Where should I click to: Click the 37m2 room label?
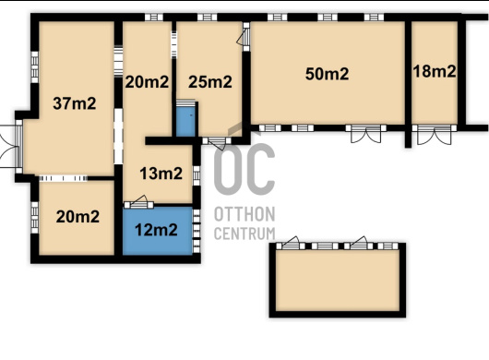coord(75,103)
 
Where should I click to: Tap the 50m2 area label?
coord(327,74)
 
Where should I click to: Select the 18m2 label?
coord(435,71)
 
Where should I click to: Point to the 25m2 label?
coord(210,82)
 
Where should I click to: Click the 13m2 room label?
coord(161,174)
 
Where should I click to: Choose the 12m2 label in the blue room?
coord(156,230)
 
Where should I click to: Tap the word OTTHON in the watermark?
coord(244,214)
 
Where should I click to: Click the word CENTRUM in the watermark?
coord(244,234)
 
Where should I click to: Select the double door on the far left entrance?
coord(9,147)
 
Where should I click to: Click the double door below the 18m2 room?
coord(435,134)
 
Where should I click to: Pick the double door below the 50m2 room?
coord(365,133)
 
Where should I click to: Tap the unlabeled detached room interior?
coord(338,280)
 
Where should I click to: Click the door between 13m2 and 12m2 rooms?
coord(138,202)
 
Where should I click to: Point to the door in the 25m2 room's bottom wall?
coord(217,142)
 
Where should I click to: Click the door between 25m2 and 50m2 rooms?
coord(244,37)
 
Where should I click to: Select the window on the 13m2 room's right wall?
coord(197,175)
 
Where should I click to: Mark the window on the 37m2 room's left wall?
coord(35,67)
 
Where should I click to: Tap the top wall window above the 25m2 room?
coord(207,18)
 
